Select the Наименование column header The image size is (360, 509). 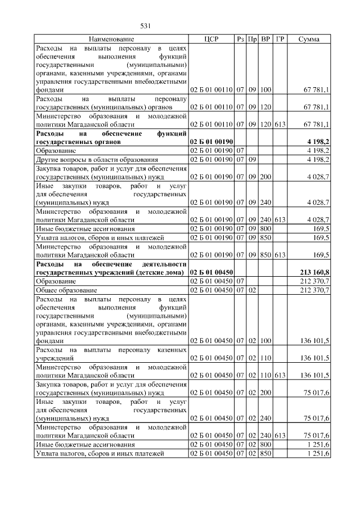111,39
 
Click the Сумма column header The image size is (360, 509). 309,39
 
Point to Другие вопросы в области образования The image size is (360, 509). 96,159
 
